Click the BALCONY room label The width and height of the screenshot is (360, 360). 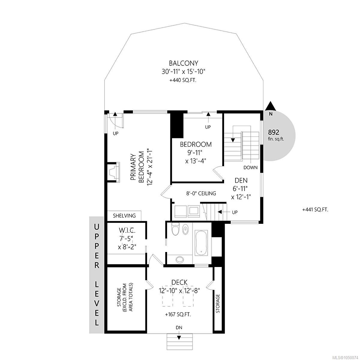coord(183,63)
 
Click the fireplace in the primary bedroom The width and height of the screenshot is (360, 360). coord(114,172)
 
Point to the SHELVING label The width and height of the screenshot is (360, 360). coord(124,216)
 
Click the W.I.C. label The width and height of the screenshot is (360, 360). coord(127,231)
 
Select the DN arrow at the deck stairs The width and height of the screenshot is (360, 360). coord(179,337)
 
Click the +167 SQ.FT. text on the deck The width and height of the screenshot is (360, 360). coord(178,314)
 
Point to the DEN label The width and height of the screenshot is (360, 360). coord(241,181)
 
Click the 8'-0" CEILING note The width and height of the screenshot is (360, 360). coord(201,193)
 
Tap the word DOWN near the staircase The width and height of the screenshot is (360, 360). coord(250,168)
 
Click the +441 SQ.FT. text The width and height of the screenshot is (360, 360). coord(315,210)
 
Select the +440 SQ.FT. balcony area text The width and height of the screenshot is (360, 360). coord(183,80)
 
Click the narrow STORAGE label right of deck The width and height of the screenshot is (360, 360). coord(217,303)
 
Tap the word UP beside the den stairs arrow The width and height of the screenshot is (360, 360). coord(235,212)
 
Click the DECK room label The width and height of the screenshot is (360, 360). coord(179,282)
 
